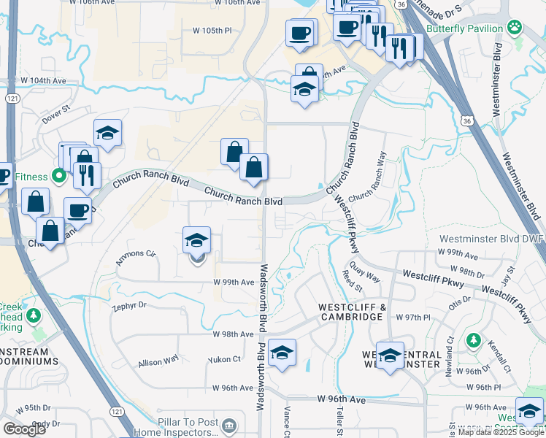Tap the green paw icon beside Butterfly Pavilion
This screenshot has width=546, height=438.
pos(515,28)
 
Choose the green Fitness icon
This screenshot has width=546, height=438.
pos(57,176)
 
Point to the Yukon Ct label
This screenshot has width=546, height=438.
pos(224,359)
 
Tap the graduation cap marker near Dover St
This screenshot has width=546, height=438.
pos(107,133)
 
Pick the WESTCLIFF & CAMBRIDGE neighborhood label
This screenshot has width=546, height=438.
pos(351,312)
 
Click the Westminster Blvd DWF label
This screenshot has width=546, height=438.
pos(491,239)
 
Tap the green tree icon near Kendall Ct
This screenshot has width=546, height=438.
pos(473,340)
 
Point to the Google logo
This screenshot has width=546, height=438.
pos(24,429)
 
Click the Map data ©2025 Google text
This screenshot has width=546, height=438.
pos(501,433)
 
